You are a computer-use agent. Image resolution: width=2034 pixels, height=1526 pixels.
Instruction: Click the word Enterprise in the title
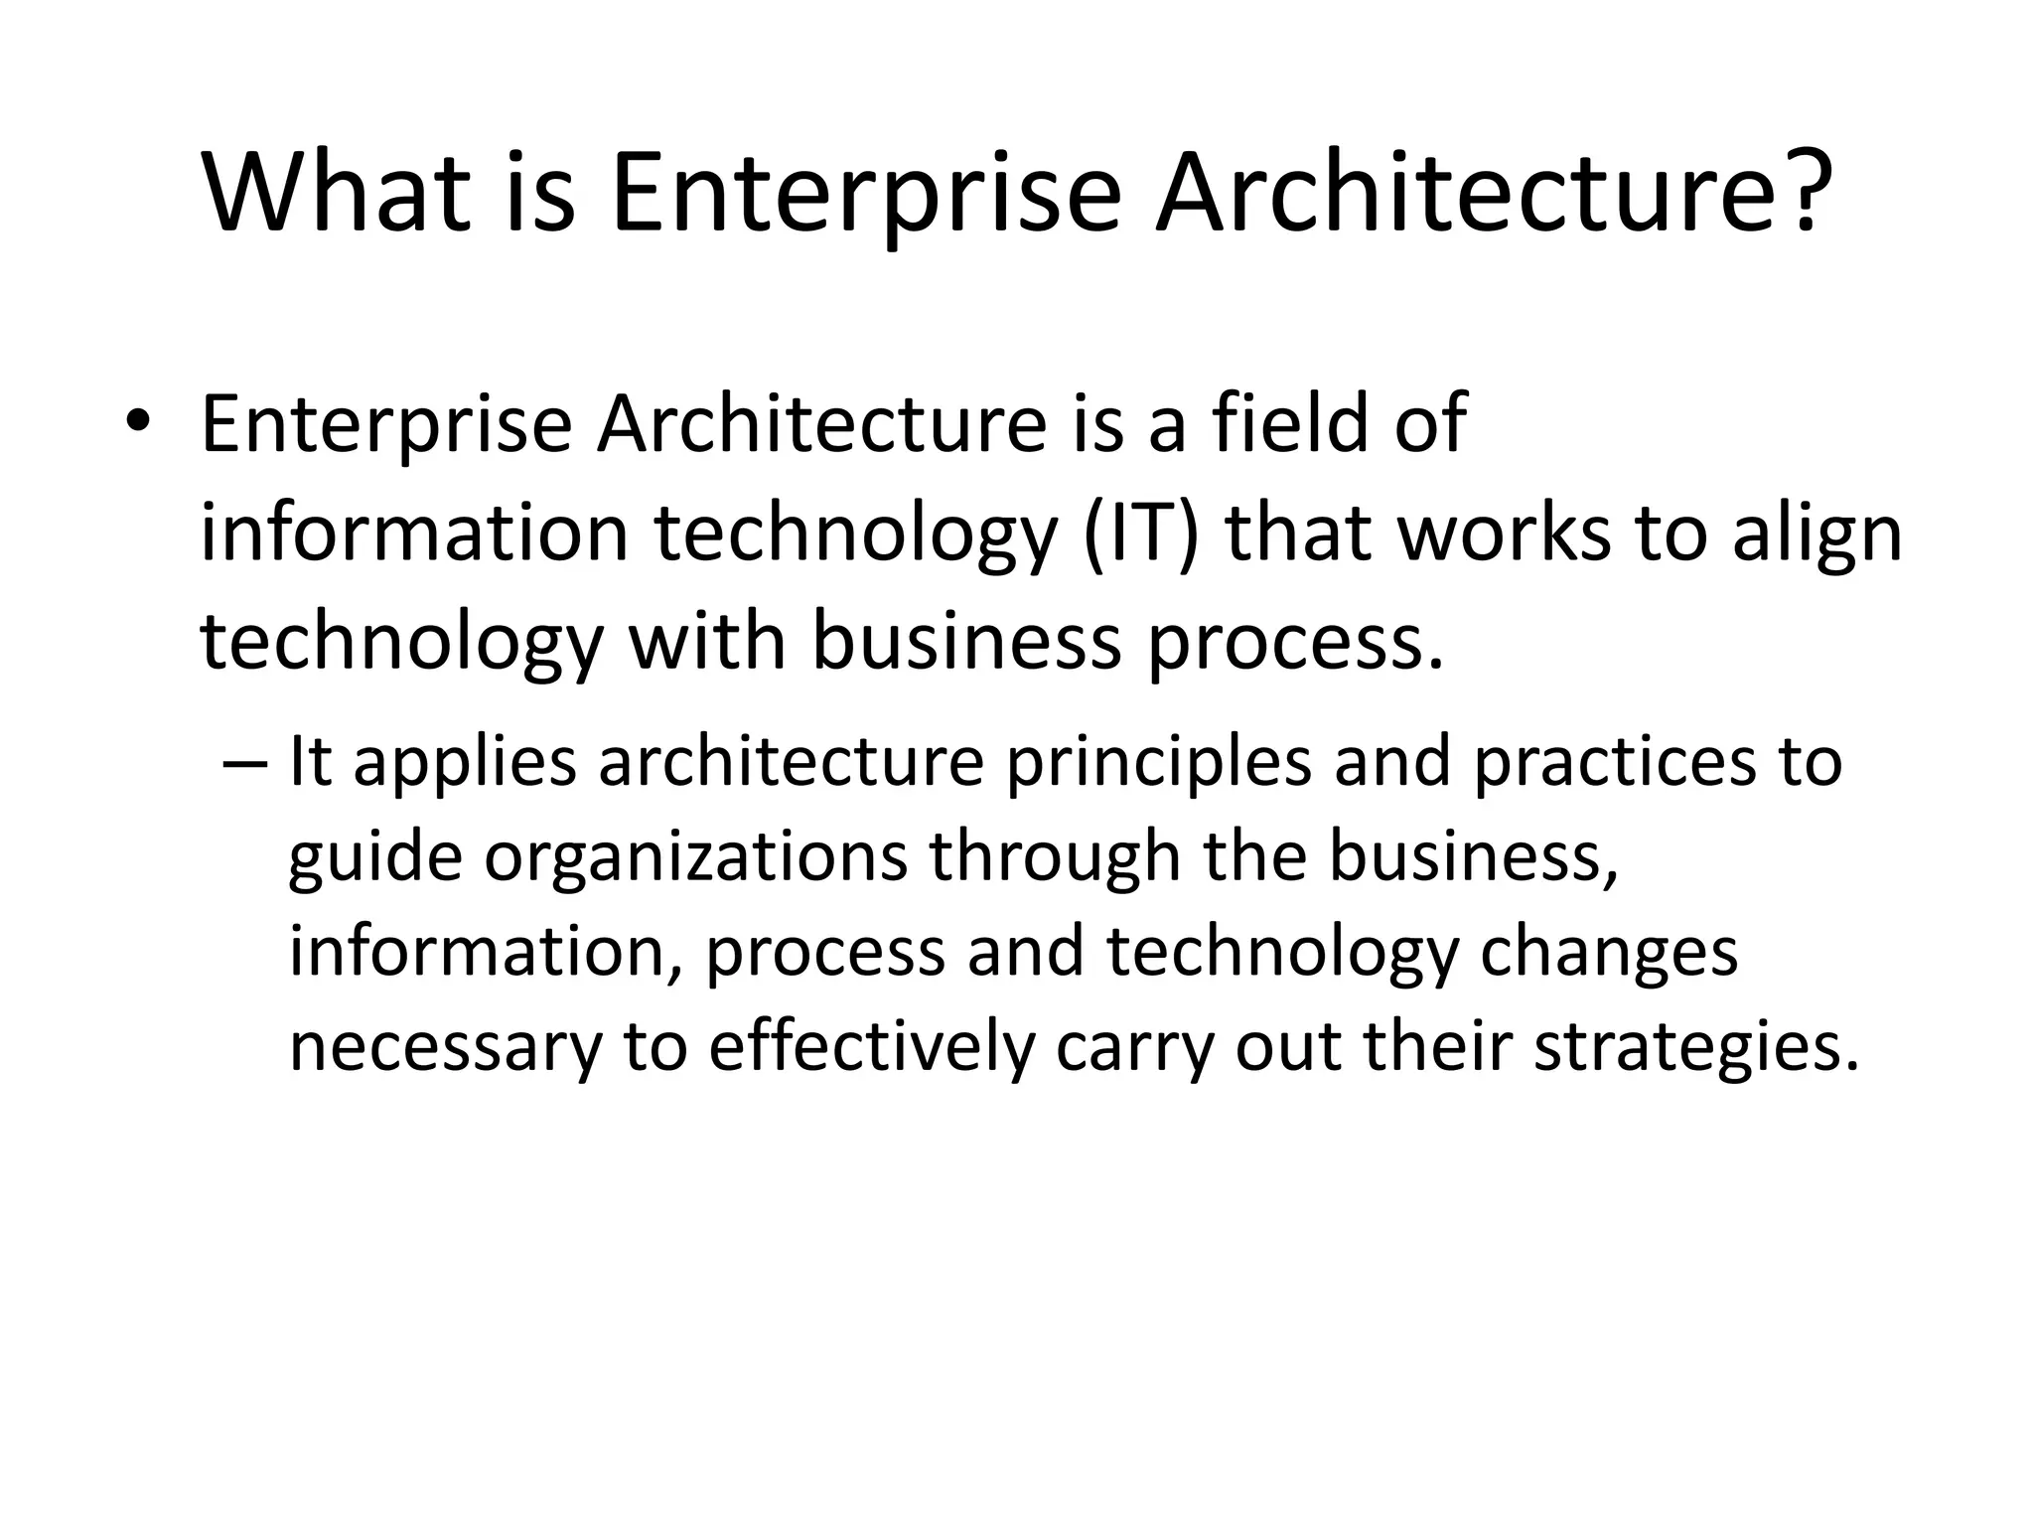(x=865, y=196)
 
